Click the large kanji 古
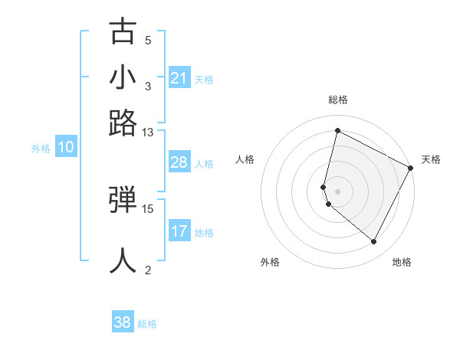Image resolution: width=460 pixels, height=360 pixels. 123,32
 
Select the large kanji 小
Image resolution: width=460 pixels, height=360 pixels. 123,77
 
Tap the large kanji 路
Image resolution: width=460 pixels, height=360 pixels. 123,123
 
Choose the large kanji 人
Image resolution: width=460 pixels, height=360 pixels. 123,260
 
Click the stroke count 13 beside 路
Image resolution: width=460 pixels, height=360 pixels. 148,132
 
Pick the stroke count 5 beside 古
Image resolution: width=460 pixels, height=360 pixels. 148,41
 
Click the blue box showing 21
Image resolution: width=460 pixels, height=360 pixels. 179,78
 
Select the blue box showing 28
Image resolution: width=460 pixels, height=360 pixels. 179,162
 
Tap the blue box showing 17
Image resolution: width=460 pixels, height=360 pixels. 179,231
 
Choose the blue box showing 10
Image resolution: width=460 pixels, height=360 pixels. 66,148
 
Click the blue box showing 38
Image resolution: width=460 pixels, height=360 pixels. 123,322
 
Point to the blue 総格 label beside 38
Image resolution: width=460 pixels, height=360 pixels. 147,324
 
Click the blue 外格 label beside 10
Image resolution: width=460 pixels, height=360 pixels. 41,149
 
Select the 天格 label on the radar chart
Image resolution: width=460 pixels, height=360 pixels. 431,159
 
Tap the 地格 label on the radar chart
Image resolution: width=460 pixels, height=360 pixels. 402,262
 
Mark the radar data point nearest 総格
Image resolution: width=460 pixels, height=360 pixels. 337,130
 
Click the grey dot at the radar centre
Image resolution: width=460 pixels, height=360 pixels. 337,190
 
